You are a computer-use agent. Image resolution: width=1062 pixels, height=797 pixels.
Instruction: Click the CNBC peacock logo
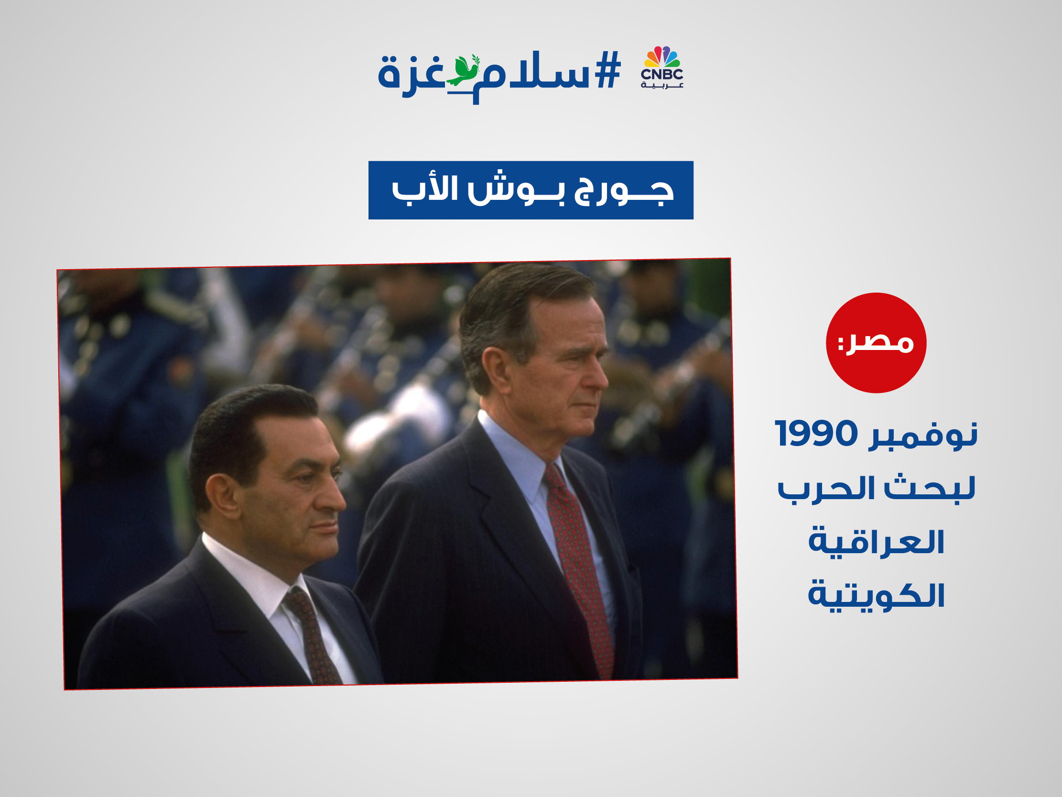pyautogui.click(x=662, y=67)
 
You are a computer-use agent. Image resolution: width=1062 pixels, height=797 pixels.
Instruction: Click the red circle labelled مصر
pyautogui.click(x=876, y=343)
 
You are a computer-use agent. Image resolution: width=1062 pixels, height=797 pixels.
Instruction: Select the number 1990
pyautogui.click(x=816, y=433)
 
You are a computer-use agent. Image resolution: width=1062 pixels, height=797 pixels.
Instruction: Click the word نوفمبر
pyautogui.click(x=923, y=435)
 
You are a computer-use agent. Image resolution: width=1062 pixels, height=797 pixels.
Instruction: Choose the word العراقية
pyautogui.click(x=876, y=542)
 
